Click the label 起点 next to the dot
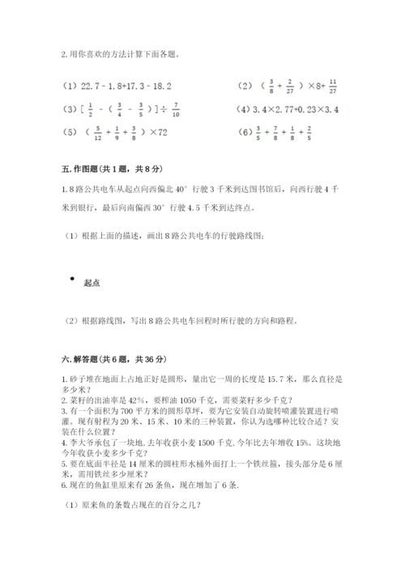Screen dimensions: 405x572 pos(91,282)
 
